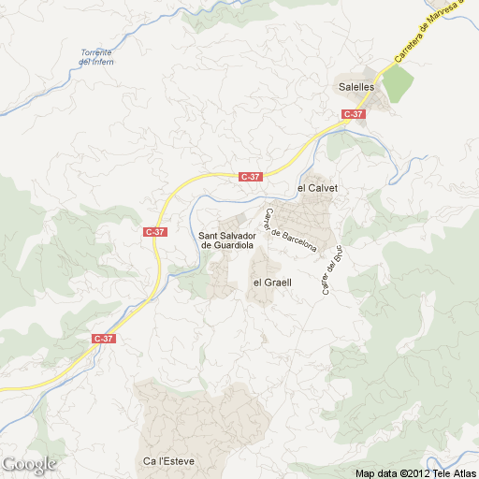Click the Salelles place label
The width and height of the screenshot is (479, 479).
(x=356, y=86)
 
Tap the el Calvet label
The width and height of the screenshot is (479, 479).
(x=316, y=188)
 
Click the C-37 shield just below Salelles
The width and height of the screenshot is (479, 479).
(x=353, y=114)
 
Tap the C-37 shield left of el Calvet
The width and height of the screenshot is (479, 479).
(x=251, y=176)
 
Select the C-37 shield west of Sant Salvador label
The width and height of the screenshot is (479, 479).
(x=155, y=231)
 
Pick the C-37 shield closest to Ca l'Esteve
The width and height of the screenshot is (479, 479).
(x=104, y=339)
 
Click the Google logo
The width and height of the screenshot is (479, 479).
(x=29, y=463)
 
